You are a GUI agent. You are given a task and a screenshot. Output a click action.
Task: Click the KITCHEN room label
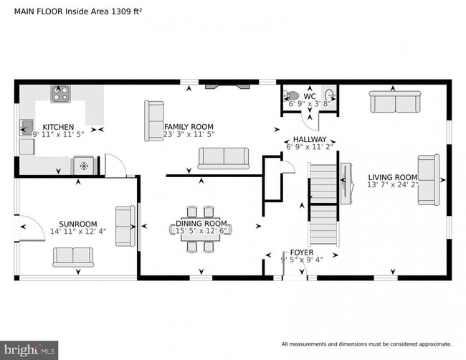click(x=54, y=126)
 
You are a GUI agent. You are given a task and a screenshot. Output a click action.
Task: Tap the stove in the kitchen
click(x=60, y=93)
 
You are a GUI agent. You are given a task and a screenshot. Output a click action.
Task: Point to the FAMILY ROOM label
click(x=189, y=126)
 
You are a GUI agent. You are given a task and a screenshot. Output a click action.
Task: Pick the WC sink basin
click(x=330, y=95)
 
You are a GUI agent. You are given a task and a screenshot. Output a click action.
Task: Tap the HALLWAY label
click(x=310, y=139)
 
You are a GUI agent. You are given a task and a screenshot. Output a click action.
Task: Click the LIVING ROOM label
click(x=393, y=177)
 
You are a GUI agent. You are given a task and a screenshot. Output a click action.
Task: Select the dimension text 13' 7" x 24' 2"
click(x=393, y=185)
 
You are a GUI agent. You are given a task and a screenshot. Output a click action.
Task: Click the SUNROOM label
click(x=78, y=224)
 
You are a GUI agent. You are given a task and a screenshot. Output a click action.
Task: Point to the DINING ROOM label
click(x=201, y=224)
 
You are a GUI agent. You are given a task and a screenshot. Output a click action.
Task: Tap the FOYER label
click(x=301, y=252)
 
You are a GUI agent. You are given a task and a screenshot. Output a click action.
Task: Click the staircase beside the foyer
click(x=323, y=204)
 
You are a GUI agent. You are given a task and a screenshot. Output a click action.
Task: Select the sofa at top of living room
click(x=393, y=103)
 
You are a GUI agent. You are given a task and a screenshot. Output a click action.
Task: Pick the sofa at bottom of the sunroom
click(x=73, y=255)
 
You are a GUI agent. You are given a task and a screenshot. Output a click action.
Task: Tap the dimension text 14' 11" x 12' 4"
click(x=78, y=232)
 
